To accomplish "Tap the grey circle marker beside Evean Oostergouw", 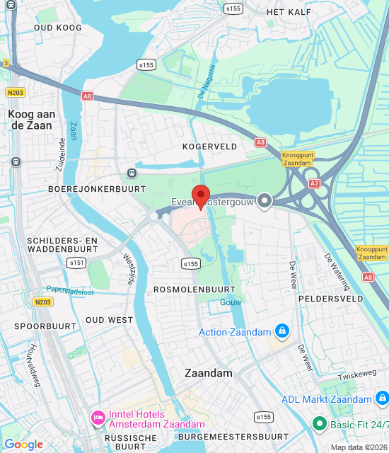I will click(265, 201).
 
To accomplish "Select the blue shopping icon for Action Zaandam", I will click(282, 331).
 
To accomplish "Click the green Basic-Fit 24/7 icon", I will click(320, 424).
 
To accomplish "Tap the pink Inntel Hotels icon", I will click(98, 418).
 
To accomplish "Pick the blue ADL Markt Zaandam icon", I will click(382, 399).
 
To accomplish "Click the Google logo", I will click(24, 445).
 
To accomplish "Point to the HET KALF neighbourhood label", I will click(289, 12).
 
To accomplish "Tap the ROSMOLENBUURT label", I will click(194, 290).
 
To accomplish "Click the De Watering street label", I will click(337, 273).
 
